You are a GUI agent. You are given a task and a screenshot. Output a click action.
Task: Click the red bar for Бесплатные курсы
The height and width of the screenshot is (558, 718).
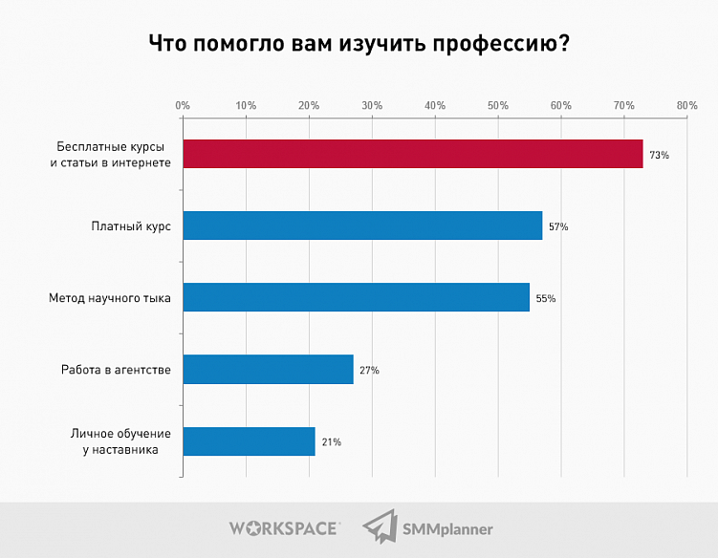412,154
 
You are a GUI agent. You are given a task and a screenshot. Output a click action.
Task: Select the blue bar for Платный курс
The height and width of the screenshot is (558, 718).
361,225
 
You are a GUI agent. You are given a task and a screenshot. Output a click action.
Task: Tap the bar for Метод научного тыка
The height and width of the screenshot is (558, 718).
356,297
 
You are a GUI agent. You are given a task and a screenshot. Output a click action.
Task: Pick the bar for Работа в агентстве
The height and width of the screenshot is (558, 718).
268,369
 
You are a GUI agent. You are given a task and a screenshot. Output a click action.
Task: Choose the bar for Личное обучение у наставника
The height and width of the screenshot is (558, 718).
249,440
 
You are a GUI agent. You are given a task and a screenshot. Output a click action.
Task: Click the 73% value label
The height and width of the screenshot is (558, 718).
659,155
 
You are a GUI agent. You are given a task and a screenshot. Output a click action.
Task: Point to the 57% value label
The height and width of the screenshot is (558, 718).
558,226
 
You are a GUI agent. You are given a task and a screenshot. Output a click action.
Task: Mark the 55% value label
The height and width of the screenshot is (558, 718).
546,298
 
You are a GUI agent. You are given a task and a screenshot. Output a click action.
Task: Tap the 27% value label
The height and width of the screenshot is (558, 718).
369,370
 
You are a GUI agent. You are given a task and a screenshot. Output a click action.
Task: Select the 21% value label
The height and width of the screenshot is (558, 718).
331,441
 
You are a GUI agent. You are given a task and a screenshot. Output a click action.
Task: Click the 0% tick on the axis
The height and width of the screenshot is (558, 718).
183,105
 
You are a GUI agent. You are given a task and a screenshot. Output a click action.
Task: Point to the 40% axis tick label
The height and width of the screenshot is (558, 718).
435,105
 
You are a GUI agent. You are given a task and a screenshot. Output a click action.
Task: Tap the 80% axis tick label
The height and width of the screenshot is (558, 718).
686,105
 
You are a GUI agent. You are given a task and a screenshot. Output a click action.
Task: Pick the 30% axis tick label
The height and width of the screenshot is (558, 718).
372,105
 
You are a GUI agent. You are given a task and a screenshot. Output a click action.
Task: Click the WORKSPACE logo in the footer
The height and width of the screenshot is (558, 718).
283,527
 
